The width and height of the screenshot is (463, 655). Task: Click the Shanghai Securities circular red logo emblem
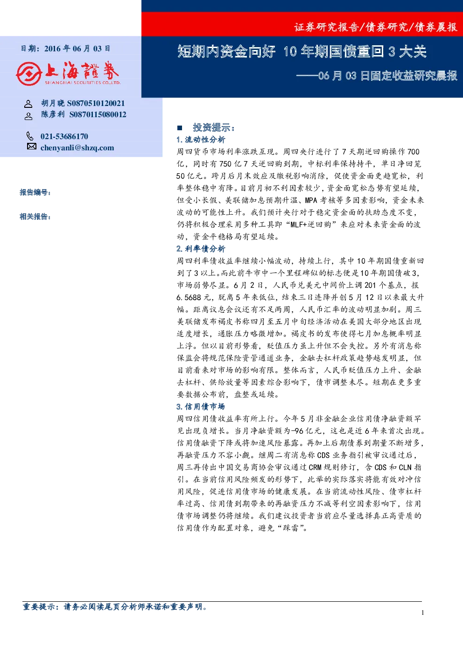click(x=28, y=74)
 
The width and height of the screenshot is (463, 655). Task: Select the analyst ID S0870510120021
click(x=96, y=103)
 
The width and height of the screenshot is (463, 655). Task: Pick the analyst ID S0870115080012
click(x=98, y=114)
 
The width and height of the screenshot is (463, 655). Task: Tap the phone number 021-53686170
click(x=64, y=137)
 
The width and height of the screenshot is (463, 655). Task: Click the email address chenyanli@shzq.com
click(x=77, y=148)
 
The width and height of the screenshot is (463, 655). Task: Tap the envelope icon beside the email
click(x=32, y=146)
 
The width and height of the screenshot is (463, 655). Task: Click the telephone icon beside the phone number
click(x=30, y=136)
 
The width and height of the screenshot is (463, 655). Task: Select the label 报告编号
click(x=35, y=192)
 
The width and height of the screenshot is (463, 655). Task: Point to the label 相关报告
click(x=35, y=217)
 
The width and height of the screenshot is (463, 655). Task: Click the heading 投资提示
click(x=213, y=127)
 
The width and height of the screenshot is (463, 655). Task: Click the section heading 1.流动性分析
click(x=201, y=140)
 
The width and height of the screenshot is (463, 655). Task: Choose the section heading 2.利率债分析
click(x=201, y=249)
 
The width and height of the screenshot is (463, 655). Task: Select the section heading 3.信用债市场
click(x=201, y=407)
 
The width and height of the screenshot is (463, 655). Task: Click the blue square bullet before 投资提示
click(x=180, y=128)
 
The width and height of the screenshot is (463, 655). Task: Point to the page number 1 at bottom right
click(x=423, y=613)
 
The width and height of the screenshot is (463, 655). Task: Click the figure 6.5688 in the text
click(x=189, y=297)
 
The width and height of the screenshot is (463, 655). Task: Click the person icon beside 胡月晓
click(x=28, y=104)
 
